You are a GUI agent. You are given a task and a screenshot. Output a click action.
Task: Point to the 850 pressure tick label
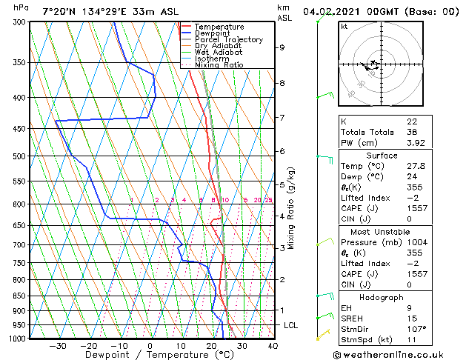pos(18,296)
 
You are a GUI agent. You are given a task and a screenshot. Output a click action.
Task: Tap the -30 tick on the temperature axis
pos(57,345)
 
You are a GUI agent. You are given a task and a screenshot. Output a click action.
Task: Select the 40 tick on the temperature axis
pos(273,345)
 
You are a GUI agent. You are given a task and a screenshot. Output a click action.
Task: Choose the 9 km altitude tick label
pos(282,47)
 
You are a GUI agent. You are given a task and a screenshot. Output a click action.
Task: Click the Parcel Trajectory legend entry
pos(228,39)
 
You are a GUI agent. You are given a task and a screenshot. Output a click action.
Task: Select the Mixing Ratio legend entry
pos(221,65)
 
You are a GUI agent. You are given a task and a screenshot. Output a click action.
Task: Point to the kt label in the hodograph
pos(344,26)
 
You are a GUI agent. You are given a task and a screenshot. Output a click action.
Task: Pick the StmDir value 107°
pos(416,330)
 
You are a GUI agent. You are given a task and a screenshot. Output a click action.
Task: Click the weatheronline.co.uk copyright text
pos(398,354)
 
